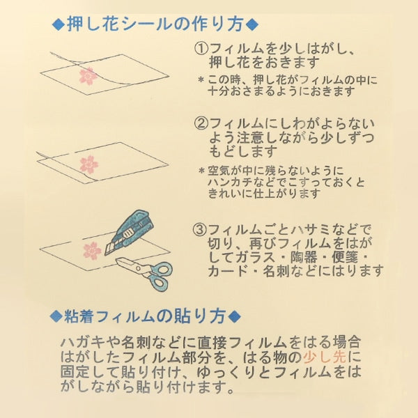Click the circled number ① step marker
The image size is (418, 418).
point(201,49)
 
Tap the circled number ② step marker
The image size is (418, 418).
point(201,124)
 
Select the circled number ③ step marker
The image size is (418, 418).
point(200,229)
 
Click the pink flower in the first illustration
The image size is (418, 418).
point(88,76)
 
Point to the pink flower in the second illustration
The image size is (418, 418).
point(89,164)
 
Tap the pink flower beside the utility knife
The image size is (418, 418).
point(93,251)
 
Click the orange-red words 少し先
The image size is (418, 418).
point(325,357)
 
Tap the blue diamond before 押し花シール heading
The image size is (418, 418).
point(59,25)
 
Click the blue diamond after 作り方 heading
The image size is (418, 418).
point(252,25)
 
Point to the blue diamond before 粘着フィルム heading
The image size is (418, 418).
point(56,317)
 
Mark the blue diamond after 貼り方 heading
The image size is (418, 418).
point(235,317)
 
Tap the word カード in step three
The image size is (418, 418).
point(228,271)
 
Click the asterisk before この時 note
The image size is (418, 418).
point(201,80)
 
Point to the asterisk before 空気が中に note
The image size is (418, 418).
point(202,171)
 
